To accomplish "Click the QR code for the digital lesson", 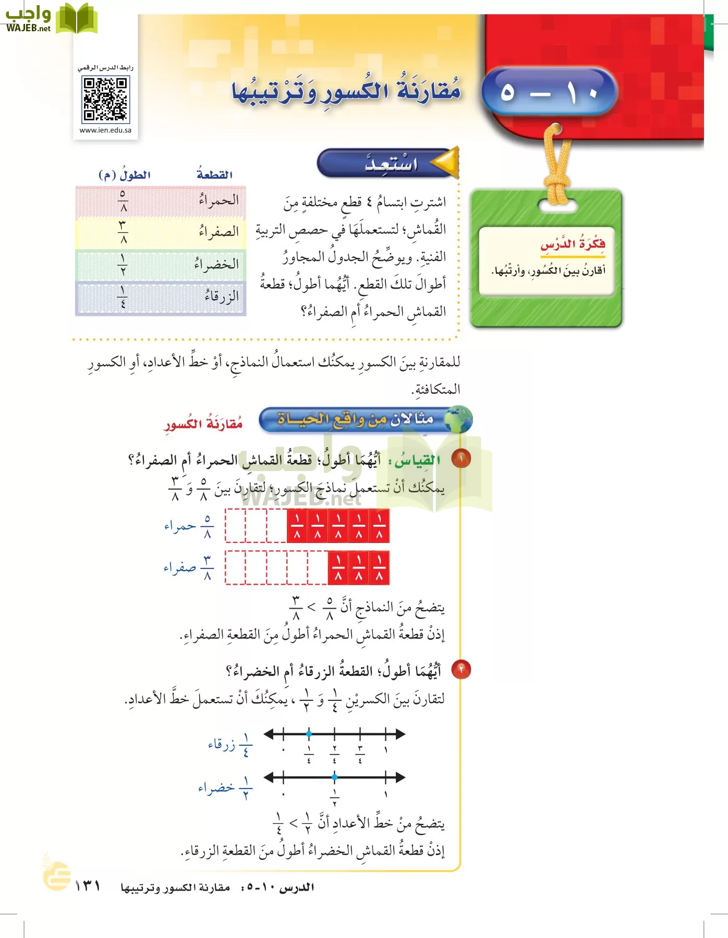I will coord(105,99).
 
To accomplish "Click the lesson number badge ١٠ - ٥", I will coord(549,92).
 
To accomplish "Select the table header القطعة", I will coord(214,175).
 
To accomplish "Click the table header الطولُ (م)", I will coord(125,175).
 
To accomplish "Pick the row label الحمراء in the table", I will coord(219,201).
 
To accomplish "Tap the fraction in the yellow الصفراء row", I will coord(123,232).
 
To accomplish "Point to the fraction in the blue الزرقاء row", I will coord(123,297).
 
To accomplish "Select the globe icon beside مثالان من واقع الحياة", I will coord(459,419).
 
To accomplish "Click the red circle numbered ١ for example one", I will coord(461,459).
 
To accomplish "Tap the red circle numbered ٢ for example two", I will coord(461,669).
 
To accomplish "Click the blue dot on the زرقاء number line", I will coord(309,734).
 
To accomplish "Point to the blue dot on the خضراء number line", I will coord(334,777).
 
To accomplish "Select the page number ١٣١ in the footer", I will coord(88,886).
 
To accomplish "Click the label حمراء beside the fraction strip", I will coord(180,526).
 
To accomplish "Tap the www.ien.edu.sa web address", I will coord(105,130).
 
